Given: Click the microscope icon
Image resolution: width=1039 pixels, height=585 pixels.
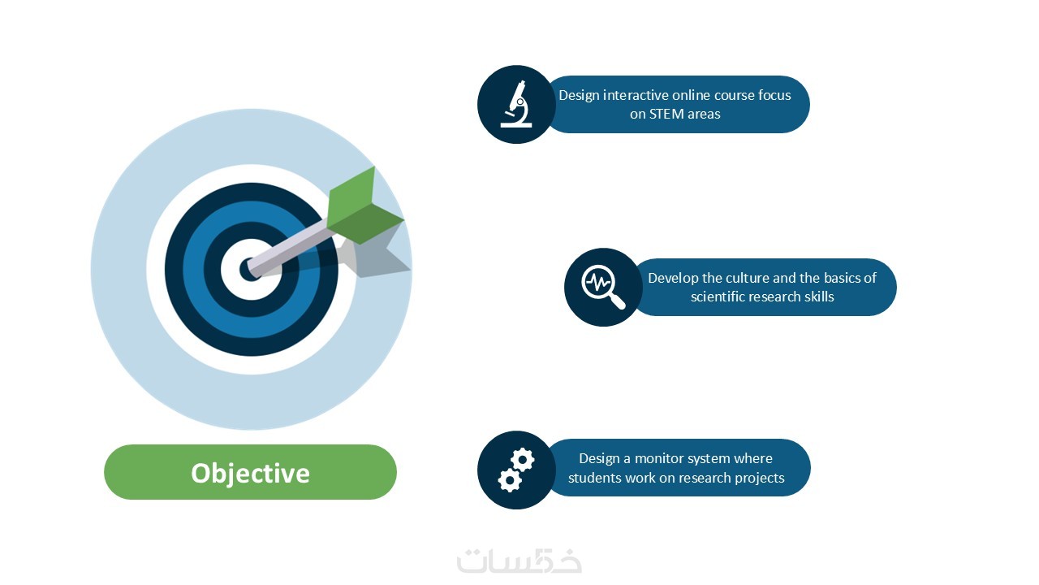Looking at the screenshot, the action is click(x=516, y=104).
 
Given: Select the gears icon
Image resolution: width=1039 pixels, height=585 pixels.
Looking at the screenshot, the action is click(x=516, y=470).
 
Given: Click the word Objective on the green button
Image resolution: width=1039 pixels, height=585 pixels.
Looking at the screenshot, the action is click(x=251, y=474).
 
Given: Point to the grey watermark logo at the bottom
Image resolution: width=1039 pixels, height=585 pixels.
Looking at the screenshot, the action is click(x=519, y=561).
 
